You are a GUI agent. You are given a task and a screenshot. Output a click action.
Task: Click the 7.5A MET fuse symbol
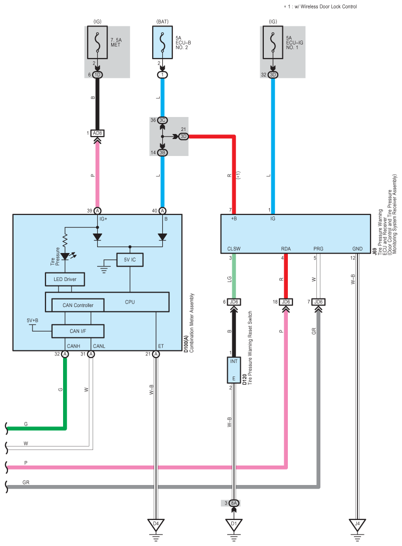tap(97, 42)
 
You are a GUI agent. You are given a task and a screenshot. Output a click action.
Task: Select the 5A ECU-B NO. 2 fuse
tap(162, 42)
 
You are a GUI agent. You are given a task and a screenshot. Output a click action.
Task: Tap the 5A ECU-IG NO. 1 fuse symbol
tap(273, 42)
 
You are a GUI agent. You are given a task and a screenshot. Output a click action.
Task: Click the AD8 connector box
tap(97, 133)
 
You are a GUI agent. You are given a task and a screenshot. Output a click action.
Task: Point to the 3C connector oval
tap(162, 120)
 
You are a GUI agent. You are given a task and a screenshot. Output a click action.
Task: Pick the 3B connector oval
tap(162, 152)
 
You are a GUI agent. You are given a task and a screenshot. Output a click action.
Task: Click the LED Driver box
tap(65, 279)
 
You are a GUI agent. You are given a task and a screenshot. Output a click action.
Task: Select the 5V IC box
tap(130, 260)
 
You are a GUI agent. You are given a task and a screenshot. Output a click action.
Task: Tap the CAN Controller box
tap(78, 305)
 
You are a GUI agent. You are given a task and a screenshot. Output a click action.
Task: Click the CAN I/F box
tap(78, 331)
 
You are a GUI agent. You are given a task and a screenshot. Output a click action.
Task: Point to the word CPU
tap(130, 302)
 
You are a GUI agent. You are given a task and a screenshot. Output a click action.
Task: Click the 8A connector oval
tap(234, 503)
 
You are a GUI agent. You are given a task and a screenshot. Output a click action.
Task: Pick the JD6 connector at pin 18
tap(285, 302)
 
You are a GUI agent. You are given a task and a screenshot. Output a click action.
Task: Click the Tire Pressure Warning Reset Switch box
tap(234, 370)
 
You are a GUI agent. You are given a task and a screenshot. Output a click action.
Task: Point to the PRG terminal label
tap(318, 248)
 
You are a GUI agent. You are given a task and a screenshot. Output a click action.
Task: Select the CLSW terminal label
tap(234, 248)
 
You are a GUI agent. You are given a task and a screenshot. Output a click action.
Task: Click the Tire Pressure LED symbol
tap(65, 256)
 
